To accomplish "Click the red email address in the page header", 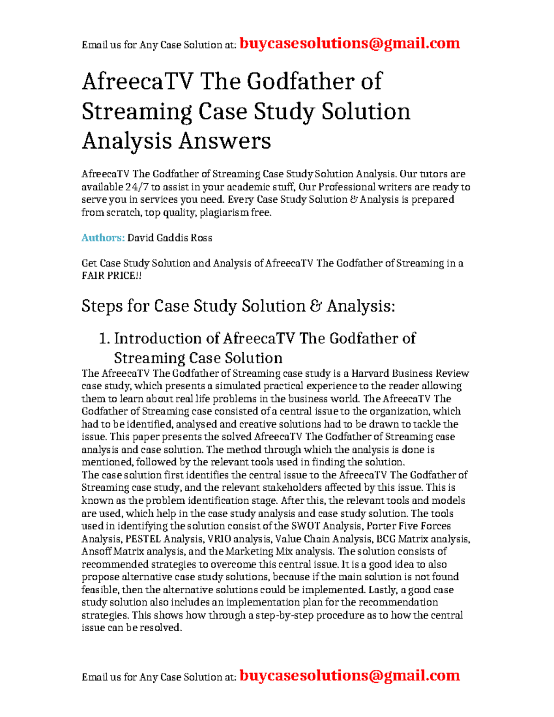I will pyautogui.click(x=349, y=43).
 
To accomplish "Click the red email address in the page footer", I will pyautogui.click(x=349, y=675).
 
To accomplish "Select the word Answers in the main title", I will pyautogui.click(x=224, y=141).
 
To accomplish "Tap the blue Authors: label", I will pyautogui.click(x=103, y=238).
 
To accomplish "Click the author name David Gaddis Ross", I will pyautogui.click(x=169, y=238).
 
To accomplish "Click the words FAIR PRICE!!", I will pyautogui.click(x=112, y=276).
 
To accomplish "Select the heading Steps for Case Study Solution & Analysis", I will pyautogui.click(x=238, y=306).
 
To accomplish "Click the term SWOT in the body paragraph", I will pyautogui.click(x=305, y=526).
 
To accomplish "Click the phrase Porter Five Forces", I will pyautogui.click(x=409, y=526).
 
